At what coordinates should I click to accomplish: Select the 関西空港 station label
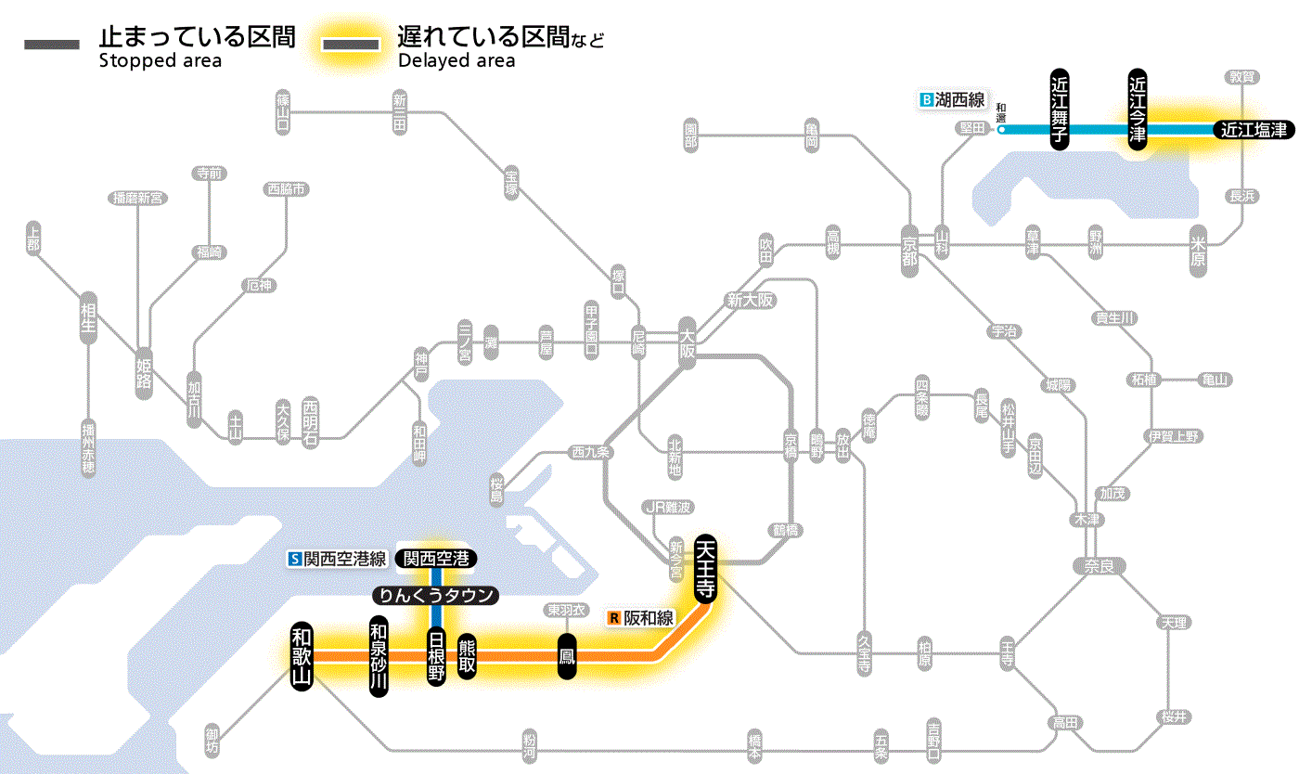pyautogui.click(x=436, y=558)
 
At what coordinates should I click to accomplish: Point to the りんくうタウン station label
pyautogui.click(x=435, y=596)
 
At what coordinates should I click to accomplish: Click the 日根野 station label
pyautogui.click(x=436, y=655)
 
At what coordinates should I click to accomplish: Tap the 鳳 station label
pyautogui.click(x=566, y=656)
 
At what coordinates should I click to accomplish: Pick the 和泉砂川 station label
pyautogui.click(x=378, y=654)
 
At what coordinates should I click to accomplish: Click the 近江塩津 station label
pyautogui.click(x=1254, y=130)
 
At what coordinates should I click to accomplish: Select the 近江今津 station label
pyautogui.click(x=1137, y=109)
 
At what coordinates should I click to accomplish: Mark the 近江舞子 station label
pyautogui.click(x=1060, y=109)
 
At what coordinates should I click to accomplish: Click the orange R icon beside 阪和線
pyautogui.click(x=613, y=617)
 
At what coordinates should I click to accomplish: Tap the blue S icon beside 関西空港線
pyautogui.click(x=295, y=559)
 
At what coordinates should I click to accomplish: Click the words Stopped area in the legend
pyautogui.click(x=160, y=61)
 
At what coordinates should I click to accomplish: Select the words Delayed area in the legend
pyautogui.click(x=456, y=61)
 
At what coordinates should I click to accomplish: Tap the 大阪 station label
pyautogui.click(x=688, y=344)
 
